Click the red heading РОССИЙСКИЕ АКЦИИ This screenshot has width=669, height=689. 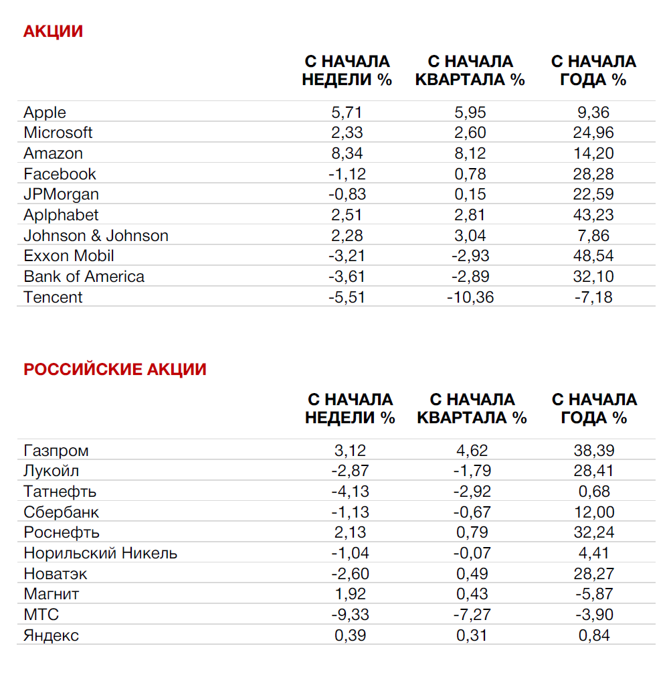click(115, 370)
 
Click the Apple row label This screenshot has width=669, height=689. click(45, 112)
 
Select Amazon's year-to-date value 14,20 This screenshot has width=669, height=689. click(593, 153)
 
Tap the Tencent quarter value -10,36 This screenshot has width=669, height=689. click(470, 297)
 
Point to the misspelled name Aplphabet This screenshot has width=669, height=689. click(61, 215)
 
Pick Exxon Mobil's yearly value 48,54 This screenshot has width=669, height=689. click(593, 256)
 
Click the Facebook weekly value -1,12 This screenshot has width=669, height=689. click(347, 174)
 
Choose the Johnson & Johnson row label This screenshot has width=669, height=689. click(96, 236)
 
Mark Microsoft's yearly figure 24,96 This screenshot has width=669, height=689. click(593, 133)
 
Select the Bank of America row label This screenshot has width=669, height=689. click(84, 277)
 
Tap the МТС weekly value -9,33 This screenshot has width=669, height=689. click(350, 615)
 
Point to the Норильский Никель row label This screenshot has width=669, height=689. click(100, 553)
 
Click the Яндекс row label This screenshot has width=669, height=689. click(51, 635)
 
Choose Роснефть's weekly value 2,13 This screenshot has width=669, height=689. click(350, 532)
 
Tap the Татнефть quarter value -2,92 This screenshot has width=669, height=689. click(472, 491)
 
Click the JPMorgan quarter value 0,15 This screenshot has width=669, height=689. click(470, 194)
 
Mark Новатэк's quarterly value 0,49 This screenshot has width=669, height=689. click(472, 574)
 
